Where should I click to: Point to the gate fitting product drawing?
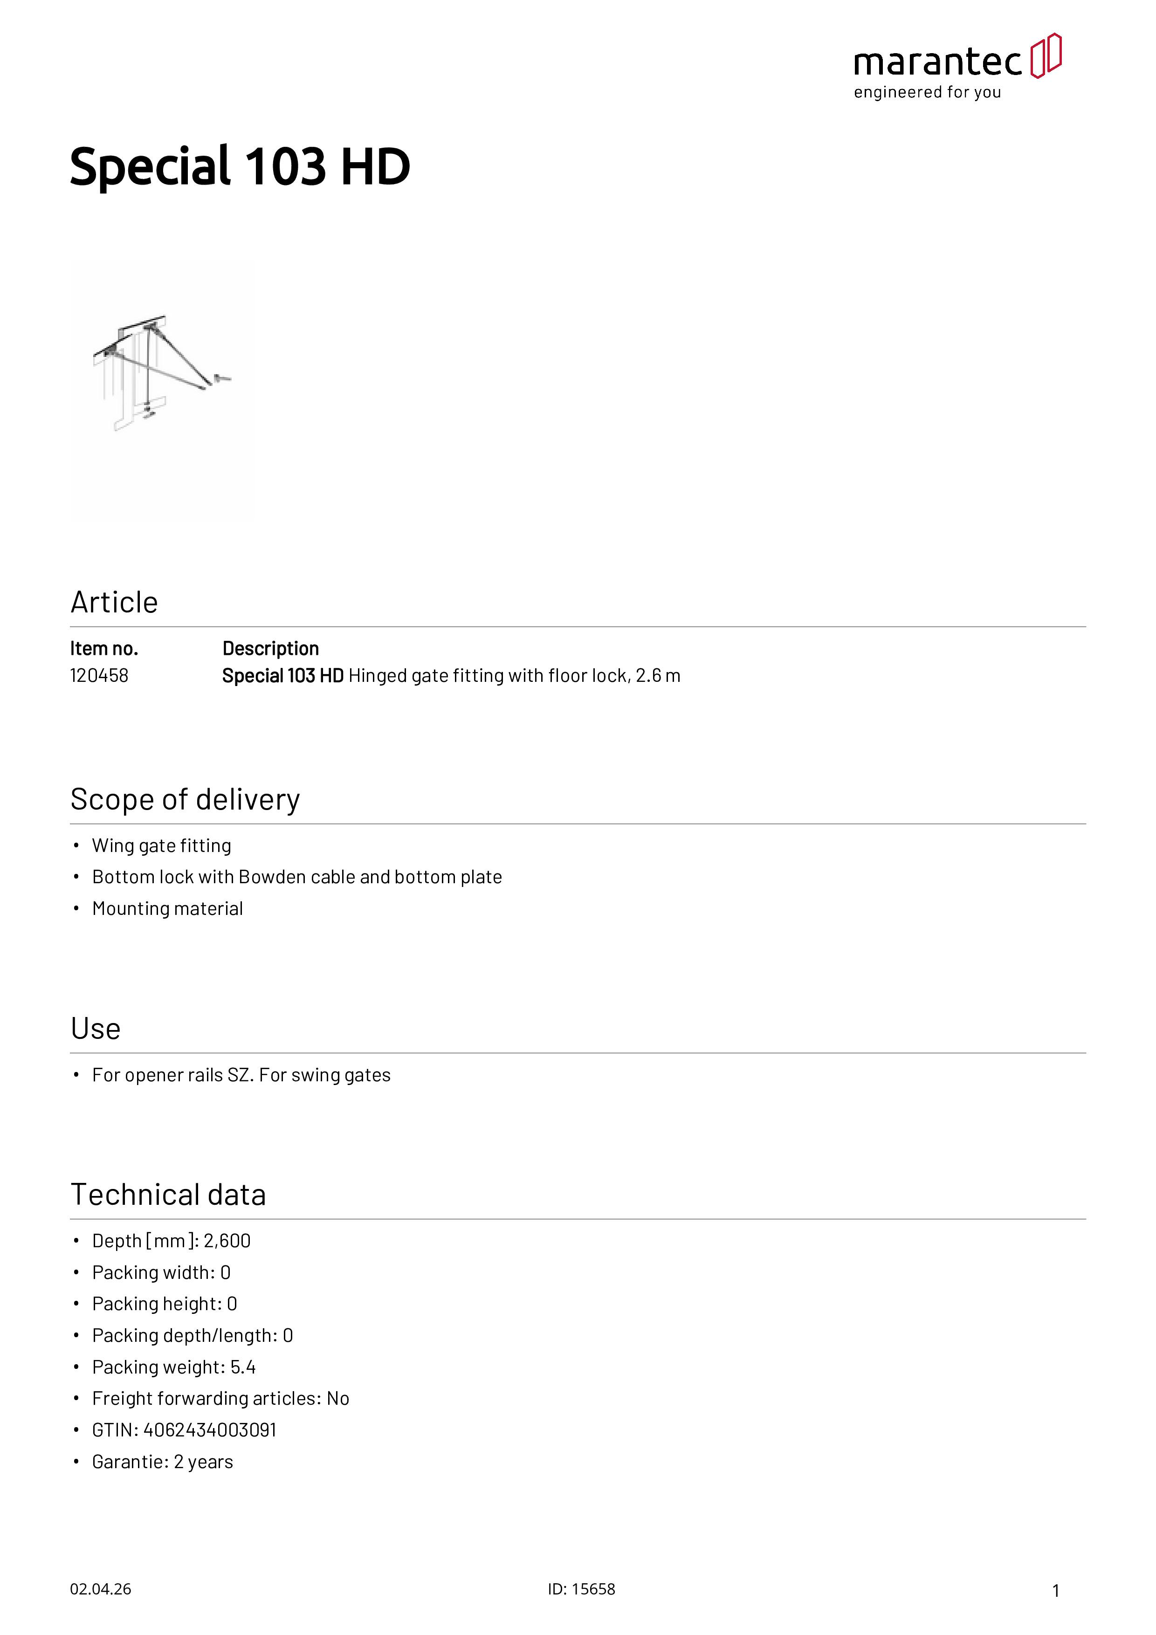pos(162,374)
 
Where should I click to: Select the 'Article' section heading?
pos(114,603)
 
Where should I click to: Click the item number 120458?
pos(99,676)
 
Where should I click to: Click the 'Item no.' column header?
pos(104,649)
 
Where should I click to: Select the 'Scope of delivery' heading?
pos(185,800)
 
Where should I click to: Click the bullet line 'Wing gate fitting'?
pos(162,846)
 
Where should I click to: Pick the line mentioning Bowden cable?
pos(297,877)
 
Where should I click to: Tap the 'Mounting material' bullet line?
pos(167,909)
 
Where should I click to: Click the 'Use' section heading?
pos(96,1029)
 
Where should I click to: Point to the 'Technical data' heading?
pos(168,1195)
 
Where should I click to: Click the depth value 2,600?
pos(227,1241)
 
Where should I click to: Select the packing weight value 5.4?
pos(243,1367)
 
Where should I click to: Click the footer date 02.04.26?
pos(100,1589)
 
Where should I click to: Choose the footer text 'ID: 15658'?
pos(581,1589)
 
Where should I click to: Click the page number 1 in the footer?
pos(1056,1591)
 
